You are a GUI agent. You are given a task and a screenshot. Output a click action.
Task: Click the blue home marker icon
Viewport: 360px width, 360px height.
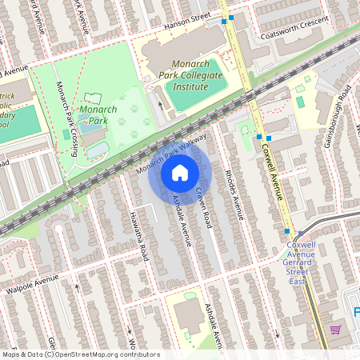tap(180, 172)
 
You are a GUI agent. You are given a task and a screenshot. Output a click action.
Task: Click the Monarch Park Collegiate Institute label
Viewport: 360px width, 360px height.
tap(197, 74)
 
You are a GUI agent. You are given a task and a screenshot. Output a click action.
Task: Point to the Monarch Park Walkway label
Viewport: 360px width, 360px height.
tap(170, 154)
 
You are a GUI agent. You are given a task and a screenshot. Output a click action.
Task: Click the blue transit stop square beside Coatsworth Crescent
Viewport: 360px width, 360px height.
tap(232, 18)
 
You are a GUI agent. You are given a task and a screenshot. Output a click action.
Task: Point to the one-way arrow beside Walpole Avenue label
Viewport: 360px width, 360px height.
tap(78, 286)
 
